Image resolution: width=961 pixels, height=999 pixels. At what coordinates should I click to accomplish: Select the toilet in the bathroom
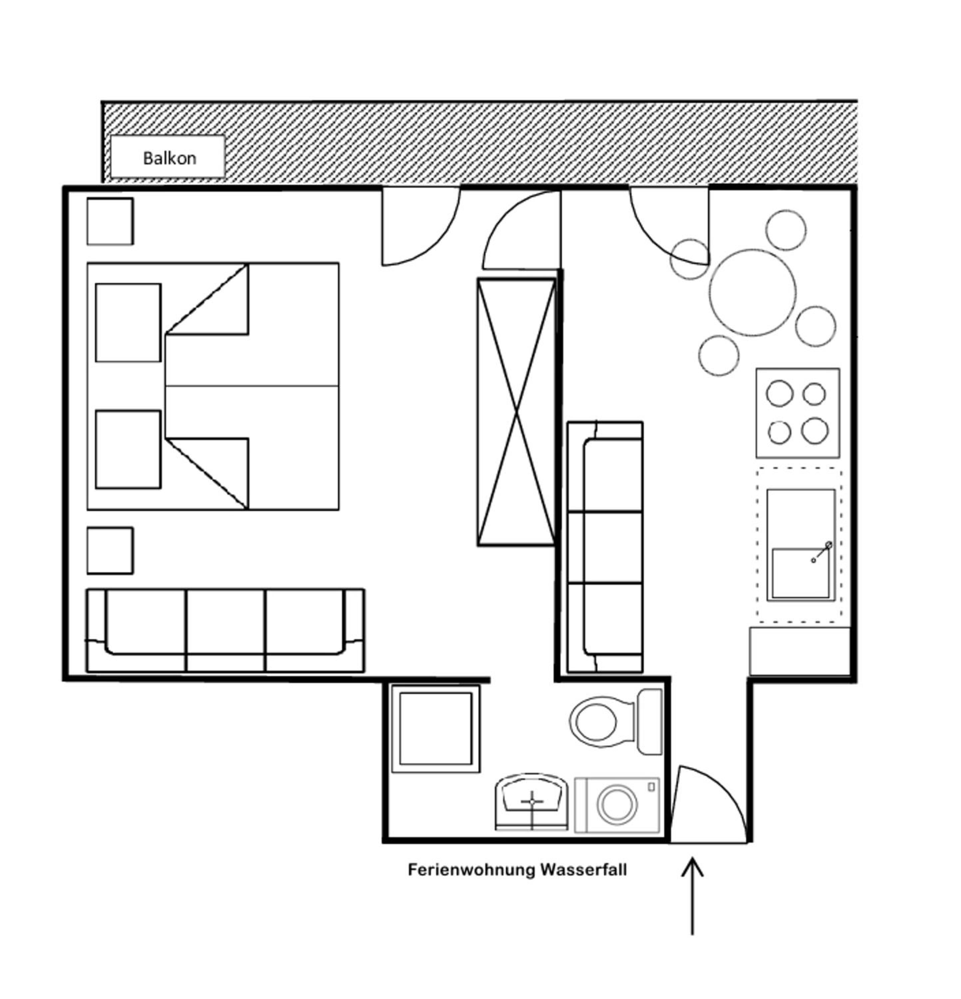point(616,721)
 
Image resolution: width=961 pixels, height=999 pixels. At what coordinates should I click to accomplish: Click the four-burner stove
point(798,413)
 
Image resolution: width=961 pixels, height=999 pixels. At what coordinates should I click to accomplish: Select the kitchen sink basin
point(801,573)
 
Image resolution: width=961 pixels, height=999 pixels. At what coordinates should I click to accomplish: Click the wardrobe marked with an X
point(516,412)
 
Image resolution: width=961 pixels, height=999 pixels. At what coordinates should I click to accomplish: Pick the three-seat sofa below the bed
point(225,630)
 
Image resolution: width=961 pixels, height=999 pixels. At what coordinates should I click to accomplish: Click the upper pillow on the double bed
point(129,323)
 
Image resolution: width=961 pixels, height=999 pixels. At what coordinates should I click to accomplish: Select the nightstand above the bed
point(110,221)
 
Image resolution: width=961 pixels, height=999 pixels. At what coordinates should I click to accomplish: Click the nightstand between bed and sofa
point(110,550)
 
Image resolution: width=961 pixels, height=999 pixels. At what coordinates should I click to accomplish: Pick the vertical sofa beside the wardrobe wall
point(605,547)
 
